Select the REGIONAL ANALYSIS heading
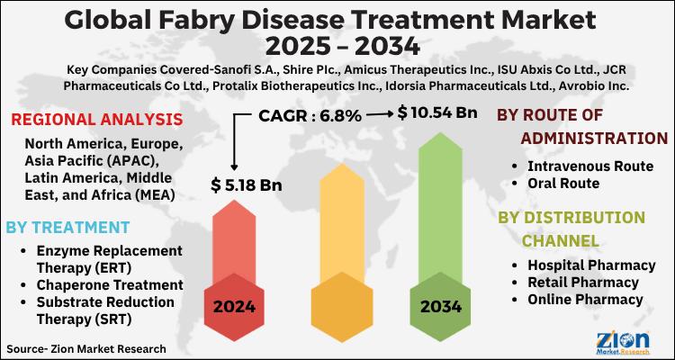click(x=96, y=119)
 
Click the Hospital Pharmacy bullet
click(x=591, y=265)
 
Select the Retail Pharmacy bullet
click(x=585, y=282)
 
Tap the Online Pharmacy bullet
click(x=586, y=299)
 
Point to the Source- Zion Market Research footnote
click(x=85, y=346)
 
